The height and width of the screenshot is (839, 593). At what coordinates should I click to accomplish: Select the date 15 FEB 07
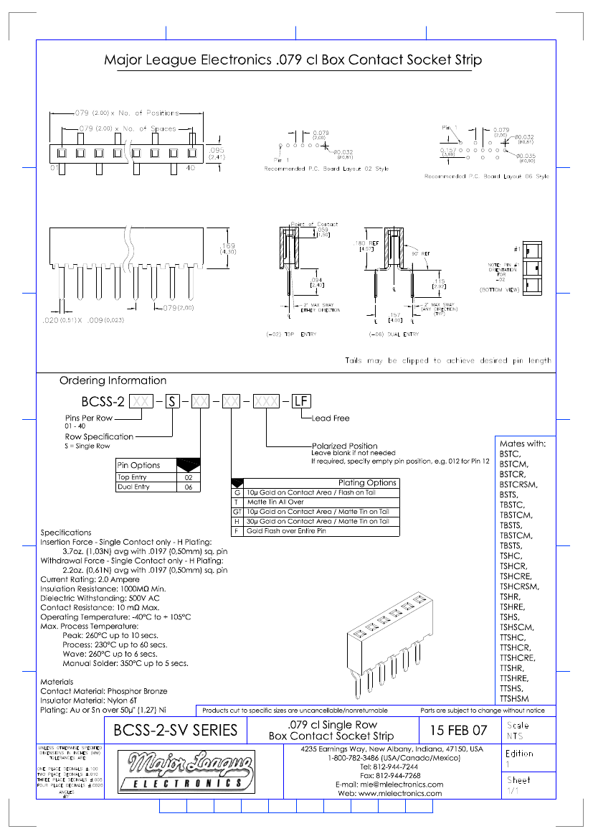coord(457,731)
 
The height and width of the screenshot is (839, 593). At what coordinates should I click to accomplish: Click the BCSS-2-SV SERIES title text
coord(176,731)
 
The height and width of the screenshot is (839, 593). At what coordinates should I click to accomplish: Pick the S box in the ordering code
coord(172,402)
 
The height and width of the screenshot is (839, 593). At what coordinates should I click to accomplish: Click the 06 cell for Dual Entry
coord(189,487)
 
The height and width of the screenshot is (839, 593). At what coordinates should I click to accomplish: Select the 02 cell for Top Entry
coord(189,477)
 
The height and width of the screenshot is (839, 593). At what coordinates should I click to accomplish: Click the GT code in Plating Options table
coord(237,512)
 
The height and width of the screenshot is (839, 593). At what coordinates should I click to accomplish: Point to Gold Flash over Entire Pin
coord(286,531)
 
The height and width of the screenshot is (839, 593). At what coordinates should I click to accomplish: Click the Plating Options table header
coord(367,483)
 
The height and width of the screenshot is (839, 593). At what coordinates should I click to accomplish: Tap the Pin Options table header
coord(139,465)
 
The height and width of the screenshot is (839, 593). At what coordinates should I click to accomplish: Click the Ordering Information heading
coord(113,380)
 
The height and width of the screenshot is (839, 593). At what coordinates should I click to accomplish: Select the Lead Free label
coord(331,418)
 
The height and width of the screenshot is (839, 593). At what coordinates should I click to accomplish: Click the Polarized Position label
coord(344,446)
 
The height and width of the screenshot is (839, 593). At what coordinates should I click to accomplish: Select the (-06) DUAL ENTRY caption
coord(394,334)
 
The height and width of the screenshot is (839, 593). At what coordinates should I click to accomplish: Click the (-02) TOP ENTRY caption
coord(291,334)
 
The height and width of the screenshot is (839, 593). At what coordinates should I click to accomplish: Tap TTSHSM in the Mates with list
coord(514,698)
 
